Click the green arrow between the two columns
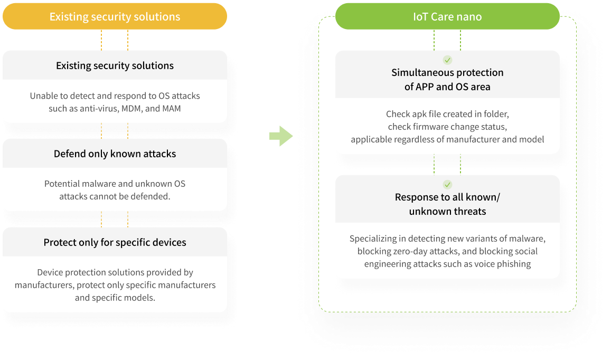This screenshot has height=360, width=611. click(281, 136)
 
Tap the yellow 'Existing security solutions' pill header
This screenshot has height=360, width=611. click(115, 16)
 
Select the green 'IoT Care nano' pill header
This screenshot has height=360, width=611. click(447, 16)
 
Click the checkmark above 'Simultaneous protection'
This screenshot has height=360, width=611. click(447, 60)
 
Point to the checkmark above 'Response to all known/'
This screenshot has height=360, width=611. click(447, 185)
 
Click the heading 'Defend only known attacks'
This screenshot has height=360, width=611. click(115, 154)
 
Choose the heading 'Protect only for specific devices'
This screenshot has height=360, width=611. click(115, 242)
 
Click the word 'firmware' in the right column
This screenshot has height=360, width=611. click(430, 127)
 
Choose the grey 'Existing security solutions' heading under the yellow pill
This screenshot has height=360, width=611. click(115, 65)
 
